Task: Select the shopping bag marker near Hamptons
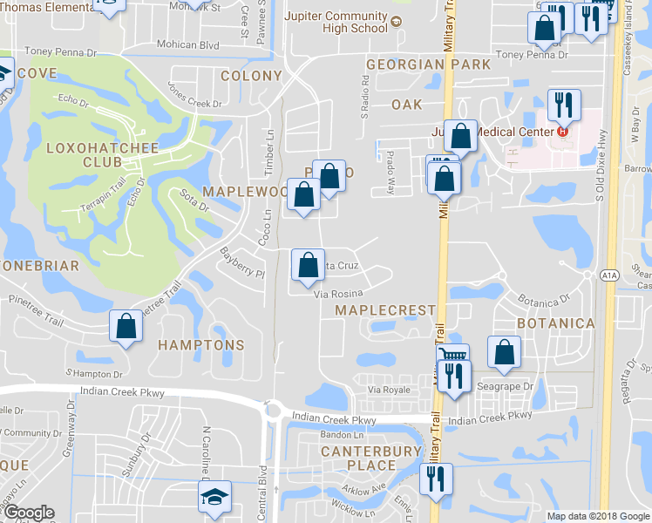[126, 327]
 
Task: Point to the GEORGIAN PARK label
[417, 65]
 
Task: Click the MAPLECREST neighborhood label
[385, 310]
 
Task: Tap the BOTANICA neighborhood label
[555, 323]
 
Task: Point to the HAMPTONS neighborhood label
[201, 345]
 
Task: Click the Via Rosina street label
[337, 295]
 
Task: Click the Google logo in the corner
[29, 513]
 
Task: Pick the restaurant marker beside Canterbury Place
[434, 479]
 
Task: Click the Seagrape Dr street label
[511, 387]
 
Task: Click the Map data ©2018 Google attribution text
[598, 516]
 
